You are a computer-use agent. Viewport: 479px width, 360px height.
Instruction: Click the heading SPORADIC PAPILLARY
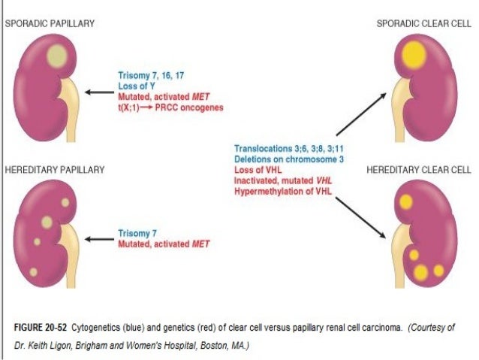[50, 24]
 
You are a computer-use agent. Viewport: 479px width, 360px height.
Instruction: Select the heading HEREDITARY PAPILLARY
[55, 171]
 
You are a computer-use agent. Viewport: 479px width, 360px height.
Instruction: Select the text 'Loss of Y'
[137, 86]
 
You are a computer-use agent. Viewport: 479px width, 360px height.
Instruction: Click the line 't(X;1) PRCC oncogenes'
[170, 107]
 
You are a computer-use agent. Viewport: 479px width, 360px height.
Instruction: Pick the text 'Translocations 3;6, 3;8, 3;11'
[290, 149]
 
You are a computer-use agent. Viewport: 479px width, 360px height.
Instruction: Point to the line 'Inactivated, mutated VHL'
[282, 180]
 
